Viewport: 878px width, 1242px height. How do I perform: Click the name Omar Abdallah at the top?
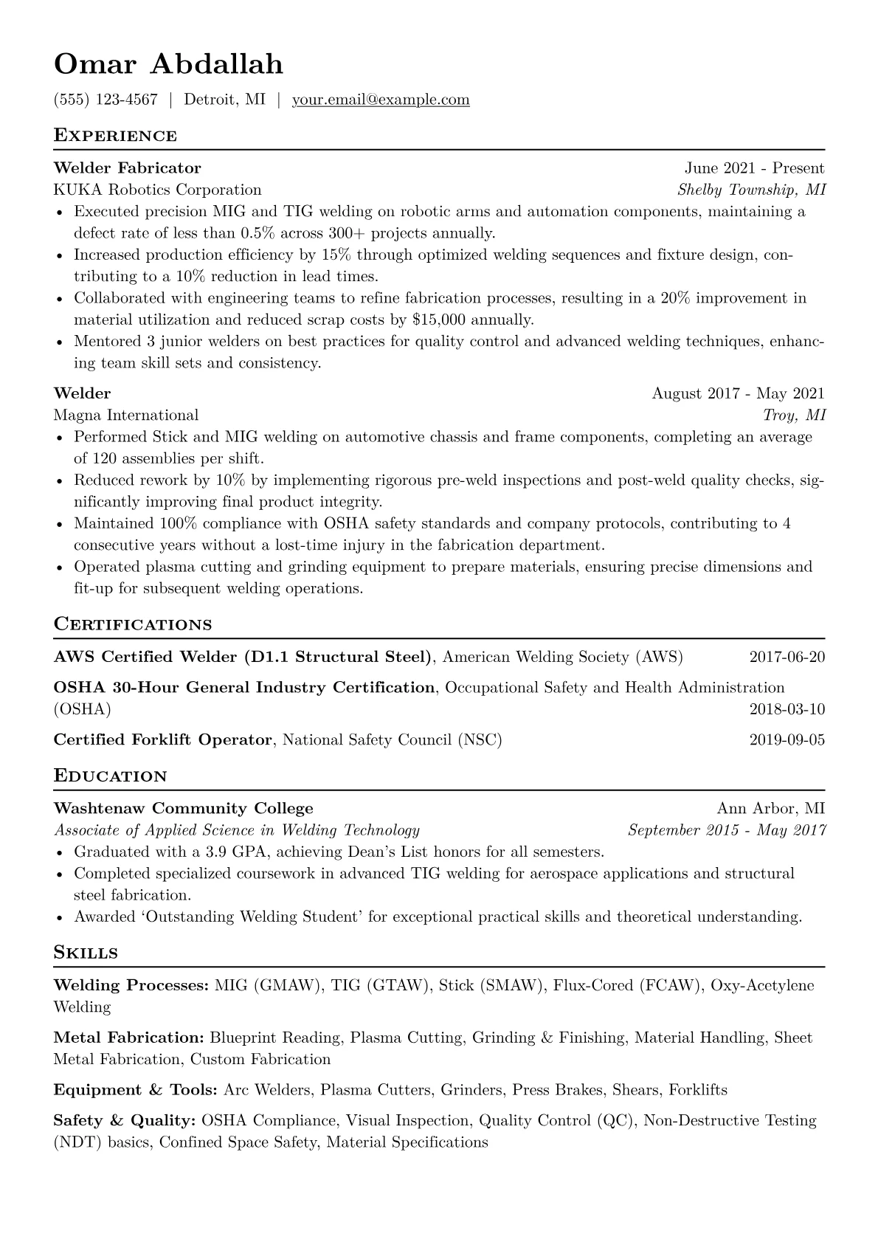tap(168, 64)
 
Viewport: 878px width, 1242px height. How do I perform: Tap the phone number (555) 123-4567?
tap(106, 100)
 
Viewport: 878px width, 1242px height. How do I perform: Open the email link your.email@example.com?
tap(381, 100)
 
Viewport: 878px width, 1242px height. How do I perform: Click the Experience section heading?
tap(115, 136)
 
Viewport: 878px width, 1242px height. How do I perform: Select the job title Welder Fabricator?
tap(127, 168)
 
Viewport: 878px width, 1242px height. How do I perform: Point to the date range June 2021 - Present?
tap(754, 168)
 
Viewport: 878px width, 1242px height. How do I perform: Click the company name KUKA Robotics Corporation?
tap(157, 190)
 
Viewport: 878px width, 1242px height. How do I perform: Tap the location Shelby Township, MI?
tap(751, 190)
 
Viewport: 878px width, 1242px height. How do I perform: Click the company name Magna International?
tap(126, 415)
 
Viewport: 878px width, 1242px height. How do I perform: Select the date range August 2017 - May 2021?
tap(738, 393)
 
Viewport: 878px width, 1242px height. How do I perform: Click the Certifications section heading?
tap(133, 624)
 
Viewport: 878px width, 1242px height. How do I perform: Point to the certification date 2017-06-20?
tap(787, 657)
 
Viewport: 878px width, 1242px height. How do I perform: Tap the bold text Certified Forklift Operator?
tap(163, 739)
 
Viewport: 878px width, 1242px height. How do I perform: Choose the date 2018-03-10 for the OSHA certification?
tap(787, 710)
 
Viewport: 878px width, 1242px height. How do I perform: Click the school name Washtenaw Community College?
tap(184, 808)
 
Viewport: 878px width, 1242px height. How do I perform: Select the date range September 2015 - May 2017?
tap(727, 830)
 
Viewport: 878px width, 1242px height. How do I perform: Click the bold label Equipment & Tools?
tap(135, 1090)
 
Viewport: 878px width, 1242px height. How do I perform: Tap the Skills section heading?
tap(86, 953)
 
